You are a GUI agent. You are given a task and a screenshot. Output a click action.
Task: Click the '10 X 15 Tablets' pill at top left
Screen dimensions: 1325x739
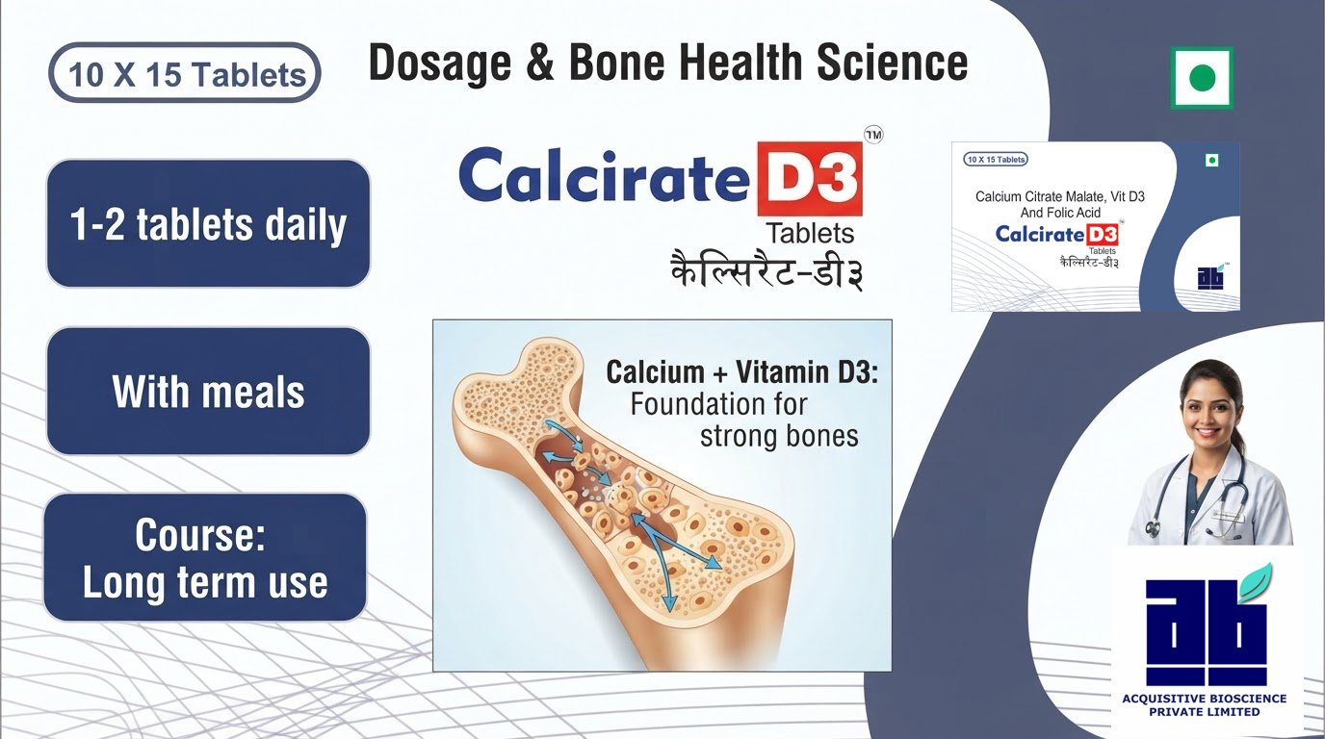coord(185,73)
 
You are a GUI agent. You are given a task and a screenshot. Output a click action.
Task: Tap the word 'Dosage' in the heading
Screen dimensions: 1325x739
coord(440,64)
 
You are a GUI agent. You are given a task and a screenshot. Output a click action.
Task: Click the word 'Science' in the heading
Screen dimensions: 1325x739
coord(892,63)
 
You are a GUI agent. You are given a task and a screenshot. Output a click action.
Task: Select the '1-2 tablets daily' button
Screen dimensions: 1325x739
coord(208,223)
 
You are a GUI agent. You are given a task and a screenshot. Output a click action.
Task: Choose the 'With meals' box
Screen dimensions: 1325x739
coord(208,391)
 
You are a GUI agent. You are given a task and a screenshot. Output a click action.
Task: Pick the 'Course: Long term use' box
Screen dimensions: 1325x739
coord(205,557)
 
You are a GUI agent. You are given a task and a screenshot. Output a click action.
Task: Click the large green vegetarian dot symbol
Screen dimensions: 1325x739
coord(1202,78)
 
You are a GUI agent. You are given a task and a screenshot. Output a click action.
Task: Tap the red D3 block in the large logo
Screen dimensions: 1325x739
coord(811,179)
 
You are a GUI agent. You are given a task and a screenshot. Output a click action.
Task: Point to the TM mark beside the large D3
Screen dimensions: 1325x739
coord(873,136)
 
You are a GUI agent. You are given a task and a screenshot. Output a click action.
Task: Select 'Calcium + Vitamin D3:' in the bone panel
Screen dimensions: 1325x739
coord(742,372)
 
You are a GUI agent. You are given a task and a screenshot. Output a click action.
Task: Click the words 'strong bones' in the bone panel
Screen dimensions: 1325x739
coord(779,436)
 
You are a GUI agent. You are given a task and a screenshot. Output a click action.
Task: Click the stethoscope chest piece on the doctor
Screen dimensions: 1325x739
coord(1155,528)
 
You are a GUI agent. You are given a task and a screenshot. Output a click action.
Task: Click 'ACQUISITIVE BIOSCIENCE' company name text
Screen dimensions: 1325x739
coord(1205,699)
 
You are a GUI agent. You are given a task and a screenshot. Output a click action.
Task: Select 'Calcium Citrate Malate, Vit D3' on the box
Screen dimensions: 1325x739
coord(1060,197)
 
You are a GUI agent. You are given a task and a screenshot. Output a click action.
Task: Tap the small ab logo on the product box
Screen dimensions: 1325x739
coord(1211,277)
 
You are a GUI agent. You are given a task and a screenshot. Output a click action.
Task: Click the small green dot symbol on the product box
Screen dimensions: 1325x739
coord(1212,161)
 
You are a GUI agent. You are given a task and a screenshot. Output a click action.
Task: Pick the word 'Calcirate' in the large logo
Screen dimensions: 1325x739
coord(605,176)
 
